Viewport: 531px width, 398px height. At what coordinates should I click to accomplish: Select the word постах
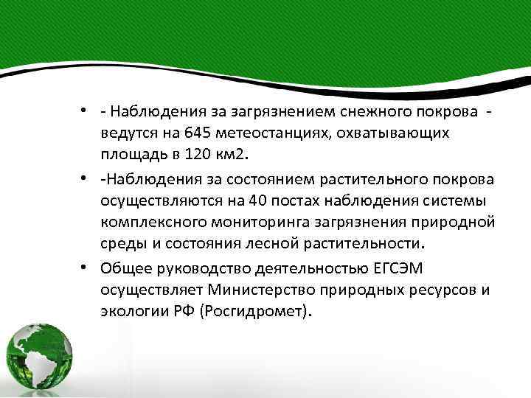(291, 202)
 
